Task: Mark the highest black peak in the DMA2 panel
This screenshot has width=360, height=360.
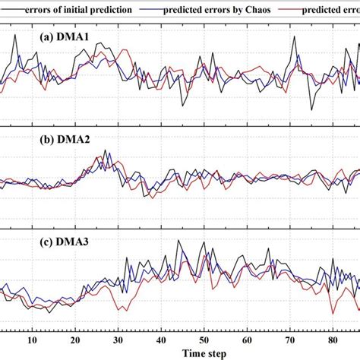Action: pos(106,150)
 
